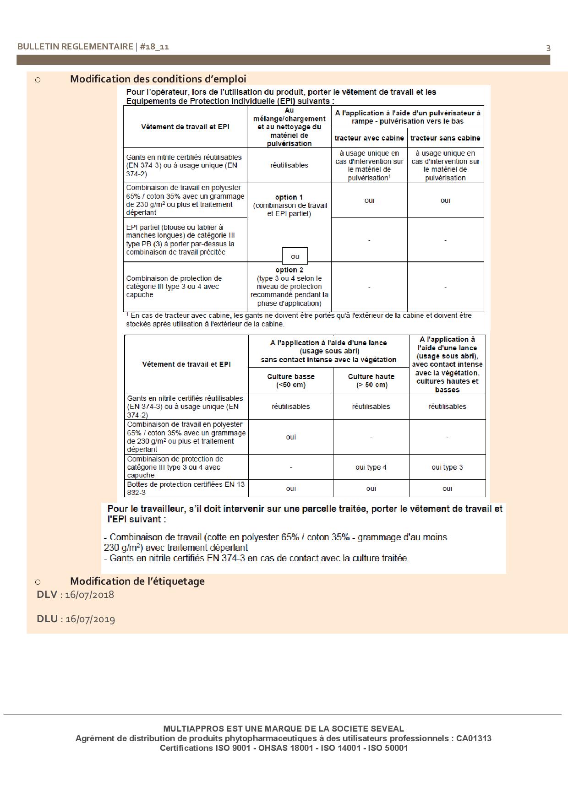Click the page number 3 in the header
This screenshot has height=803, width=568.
[x=548, y=48]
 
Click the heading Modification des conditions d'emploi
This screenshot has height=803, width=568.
[x=158, y=79]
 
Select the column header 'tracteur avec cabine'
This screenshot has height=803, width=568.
[x=369, y=138]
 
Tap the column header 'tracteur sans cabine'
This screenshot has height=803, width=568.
[x=445, y=138]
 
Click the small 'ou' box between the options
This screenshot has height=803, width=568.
[x=295, y=256]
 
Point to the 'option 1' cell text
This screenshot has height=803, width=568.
[x=289, y=197]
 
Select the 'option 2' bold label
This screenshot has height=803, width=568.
[x=289, y=270]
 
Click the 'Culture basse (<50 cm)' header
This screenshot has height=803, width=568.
[x=291, y=380]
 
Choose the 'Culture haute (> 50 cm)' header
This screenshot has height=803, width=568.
[x=371, y=380]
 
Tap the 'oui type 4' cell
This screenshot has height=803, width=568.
[x=371, y=467]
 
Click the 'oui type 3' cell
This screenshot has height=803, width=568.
[x=447, y=467]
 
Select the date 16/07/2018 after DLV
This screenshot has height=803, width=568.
[x=89, y=595]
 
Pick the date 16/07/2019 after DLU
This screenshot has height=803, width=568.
[x=90, y=619]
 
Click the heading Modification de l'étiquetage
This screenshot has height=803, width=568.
[x=137, y=581]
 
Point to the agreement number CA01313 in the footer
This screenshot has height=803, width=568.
[x=474, y=738]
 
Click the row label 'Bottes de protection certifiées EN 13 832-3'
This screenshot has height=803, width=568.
[x=186, y=488]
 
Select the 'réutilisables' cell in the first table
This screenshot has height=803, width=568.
[x=289, y=165]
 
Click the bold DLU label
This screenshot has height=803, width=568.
[x=47, y=619]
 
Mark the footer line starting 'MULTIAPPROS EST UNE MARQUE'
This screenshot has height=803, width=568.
[x=284, y=729]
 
